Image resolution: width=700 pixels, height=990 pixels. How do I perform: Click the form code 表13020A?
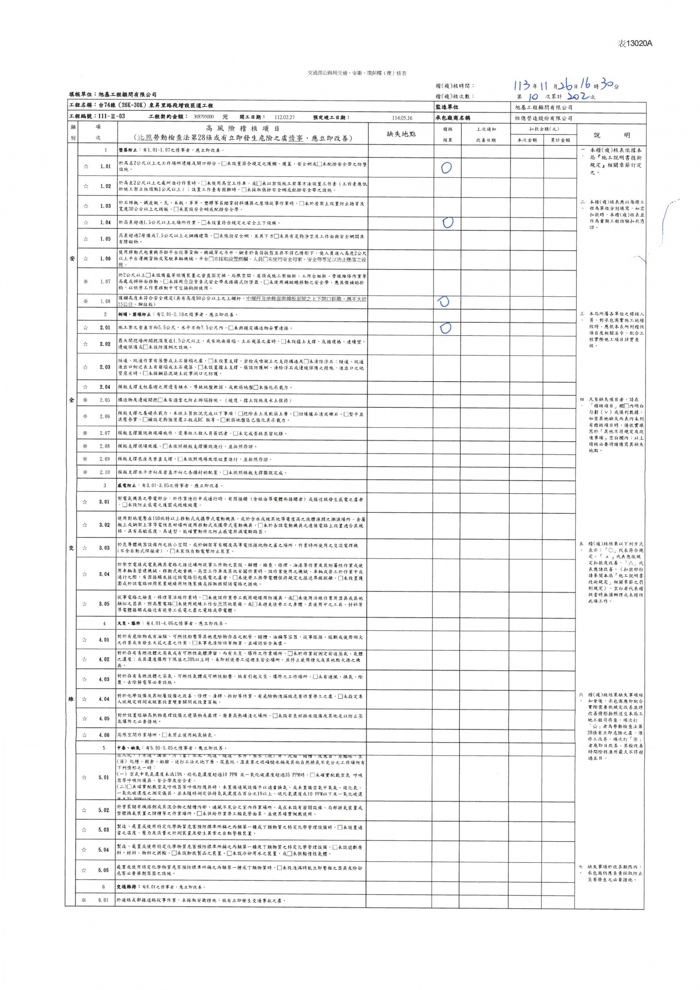pyautogui.click(x=634, y=44)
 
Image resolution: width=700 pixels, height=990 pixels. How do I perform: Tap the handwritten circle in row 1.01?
pyautogui.click(x=446, y=168)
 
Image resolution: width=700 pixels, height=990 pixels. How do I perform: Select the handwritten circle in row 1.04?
pyautogui.click(x=448, y=223)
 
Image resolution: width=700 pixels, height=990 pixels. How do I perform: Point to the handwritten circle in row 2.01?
pyautogui.click(x=445, y=328)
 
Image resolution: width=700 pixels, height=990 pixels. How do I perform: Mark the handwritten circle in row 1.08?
pyautogui.click(x=443, y=301)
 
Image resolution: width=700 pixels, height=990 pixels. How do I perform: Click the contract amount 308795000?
pyautogui.click(x=204, y=117)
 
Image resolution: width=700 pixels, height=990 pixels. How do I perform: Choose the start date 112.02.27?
pyautogui.click(x=284, y=117)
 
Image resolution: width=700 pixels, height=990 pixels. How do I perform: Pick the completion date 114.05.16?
pyautogui.click(x=402, y=118)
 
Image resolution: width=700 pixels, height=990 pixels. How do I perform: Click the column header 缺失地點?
pyautogui.click(x=401, y=134)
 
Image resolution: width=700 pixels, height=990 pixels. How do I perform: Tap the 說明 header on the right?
pyautogui.click(x=611, y=135)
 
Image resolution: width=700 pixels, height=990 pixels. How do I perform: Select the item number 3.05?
pyautogui.click(x=105, y=604)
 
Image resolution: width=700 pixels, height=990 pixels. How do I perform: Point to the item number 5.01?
pyautogui.click(x=104, y=777)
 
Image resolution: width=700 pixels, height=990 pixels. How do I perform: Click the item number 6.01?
pyautogui.click(x=104, y=900)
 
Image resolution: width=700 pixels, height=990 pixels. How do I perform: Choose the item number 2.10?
pyautogui.click(x=105, y=472)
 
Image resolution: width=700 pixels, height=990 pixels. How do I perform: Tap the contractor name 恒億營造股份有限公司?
pyautogui.click(x=543, y=118)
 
